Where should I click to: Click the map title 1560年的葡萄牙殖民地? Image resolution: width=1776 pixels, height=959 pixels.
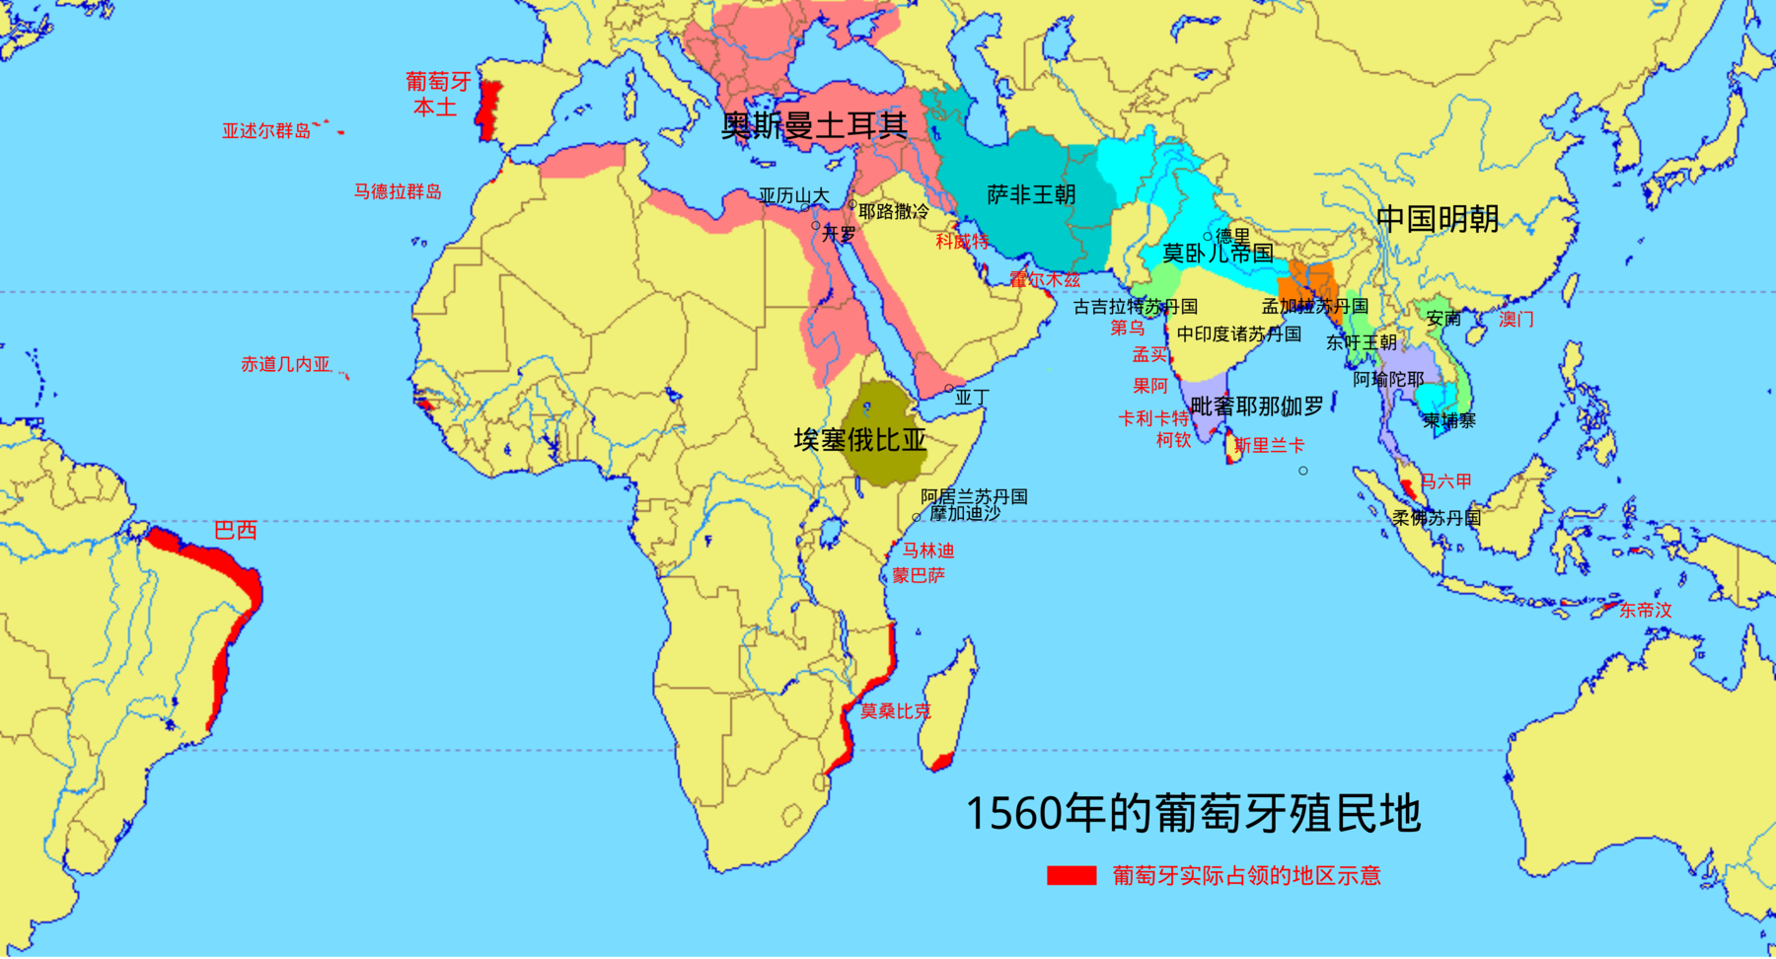(1192, 814)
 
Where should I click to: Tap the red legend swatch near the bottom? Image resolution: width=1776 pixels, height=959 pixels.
(1071, 876)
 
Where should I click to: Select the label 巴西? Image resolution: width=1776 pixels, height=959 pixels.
(236, 531)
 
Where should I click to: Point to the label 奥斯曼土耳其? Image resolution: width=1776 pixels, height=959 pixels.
(814, 125)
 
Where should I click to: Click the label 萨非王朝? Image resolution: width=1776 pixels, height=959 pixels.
(1031, 195)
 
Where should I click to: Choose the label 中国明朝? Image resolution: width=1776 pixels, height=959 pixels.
(1438, 219)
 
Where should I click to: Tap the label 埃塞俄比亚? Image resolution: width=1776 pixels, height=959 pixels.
(860, 440)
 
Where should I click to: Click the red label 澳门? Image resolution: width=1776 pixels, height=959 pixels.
(1517, 319)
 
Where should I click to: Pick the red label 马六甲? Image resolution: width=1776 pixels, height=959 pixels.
(1445, 481)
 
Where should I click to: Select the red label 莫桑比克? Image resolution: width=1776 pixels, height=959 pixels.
(895, 711)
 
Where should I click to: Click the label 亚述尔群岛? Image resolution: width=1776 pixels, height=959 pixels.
(266, 131)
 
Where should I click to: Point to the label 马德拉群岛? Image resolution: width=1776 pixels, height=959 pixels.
(398, 191)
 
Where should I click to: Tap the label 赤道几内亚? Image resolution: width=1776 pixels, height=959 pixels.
(286, 365)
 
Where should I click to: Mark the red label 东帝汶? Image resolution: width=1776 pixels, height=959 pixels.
(1645, 611)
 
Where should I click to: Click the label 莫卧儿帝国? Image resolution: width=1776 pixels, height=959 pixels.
(1218, 254)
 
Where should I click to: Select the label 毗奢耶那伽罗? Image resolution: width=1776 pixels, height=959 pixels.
(1257, 406)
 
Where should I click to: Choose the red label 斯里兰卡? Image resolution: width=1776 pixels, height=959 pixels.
(1269, 446)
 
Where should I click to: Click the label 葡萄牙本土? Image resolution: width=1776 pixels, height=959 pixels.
(437, 95)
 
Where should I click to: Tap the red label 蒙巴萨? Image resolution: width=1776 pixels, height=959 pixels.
(919, 575)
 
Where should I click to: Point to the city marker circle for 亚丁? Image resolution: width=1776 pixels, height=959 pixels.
(949, 389)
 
